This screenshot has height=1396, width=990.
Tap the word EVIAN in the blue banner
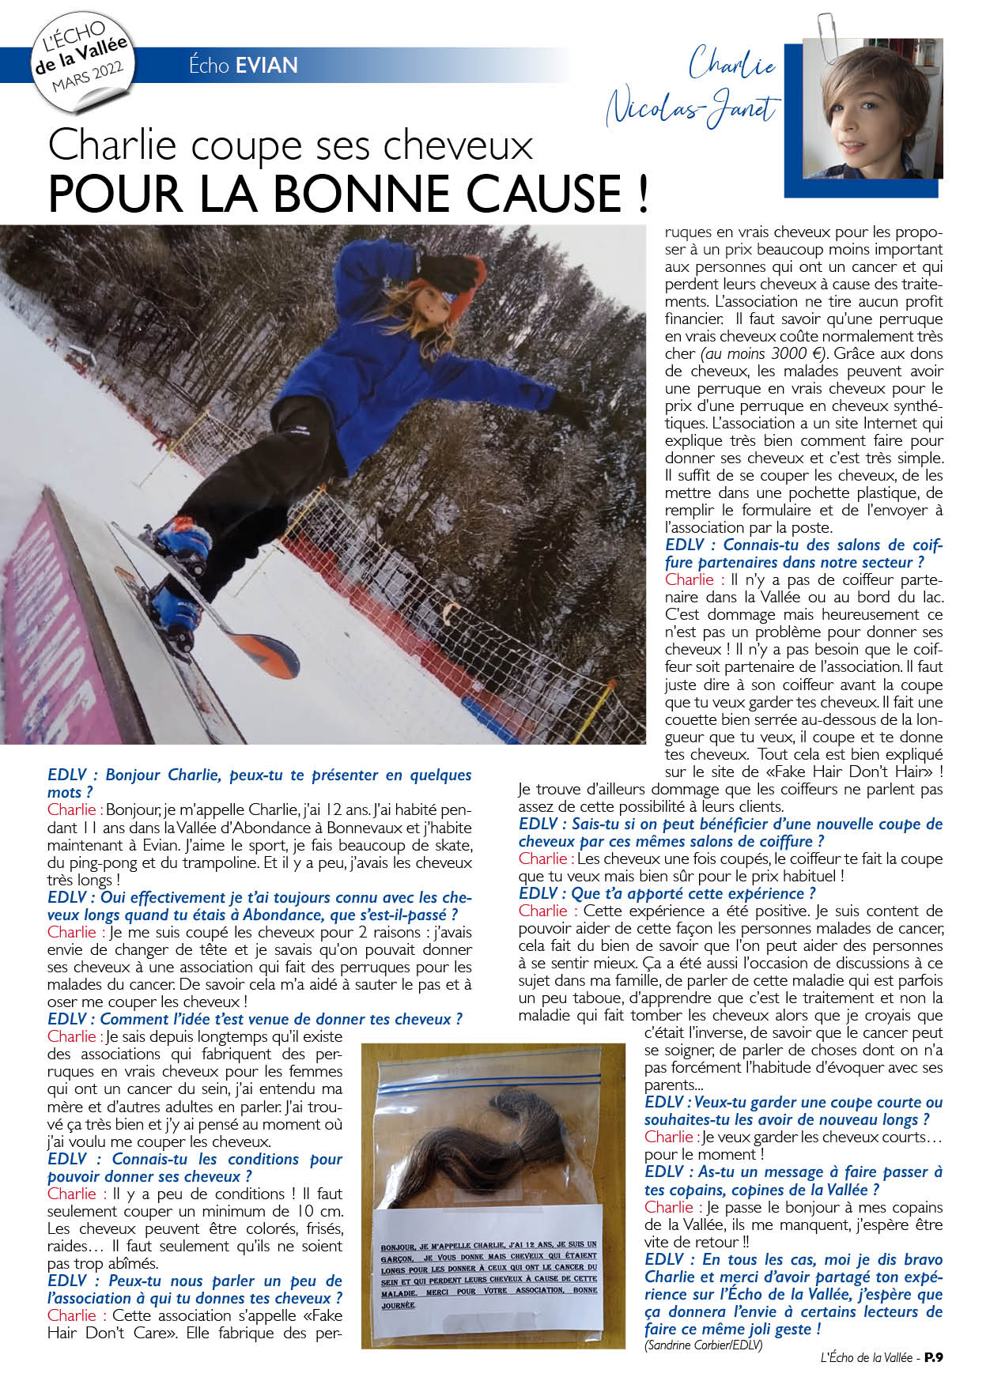266,65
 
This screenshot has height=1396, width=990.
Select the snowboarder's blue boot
183,543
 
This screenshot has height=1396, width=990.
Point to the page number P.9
933,1358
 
